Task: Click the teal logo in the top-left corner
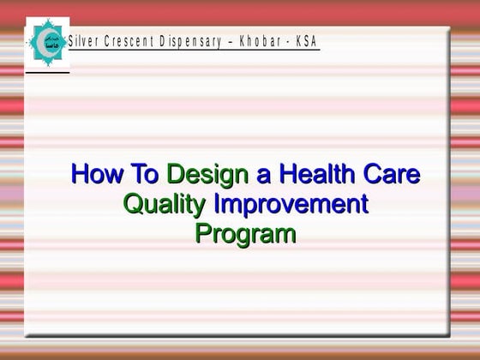[x=47, y=40]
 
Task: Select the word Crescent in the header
[x=129, y=41]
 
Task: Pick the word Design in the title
[x=206, y=176]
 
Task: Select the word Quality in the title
[x=165, y=205]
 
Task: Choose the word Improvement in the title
[x=291, y=205]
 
